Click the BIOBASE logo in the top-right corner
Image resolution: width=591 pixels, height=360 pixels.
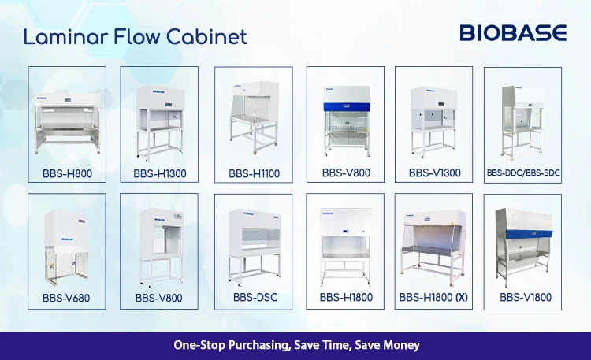point(513,33)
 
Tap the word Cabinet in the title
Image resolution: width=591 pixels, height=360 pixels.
point(206,37)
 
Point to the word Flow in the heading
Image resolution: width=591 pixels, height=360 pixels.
point(137,37)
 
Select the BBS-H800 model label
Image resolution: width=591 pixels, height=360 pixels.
point(67,174)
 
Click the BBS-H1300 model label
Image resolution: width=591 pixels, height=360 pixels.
point(160,174)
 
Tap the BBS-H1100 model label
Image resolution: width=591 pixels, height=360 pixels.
point(254,174)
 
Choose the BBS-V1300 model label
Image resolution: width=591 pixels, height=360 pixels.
point(434,173)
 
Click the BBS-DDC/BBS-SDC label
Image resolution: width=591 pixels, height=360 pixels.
point(523,173)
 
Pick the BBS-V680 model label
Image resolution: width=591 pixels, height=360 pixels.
point(66,299)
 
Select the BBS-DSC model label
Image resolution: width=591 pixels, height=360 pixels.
point(255,298)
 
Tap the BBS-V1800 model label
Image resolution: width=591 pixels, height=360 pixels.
point(526,298)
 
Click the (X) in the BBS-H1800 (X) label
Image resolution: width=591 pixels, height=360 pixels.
point(462,298)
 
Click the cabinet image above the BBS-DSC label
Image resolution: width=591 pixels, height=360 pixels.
point(255,247)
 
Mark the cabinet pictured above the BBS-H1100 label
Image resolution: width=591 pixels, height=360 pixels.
point(255,117)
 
